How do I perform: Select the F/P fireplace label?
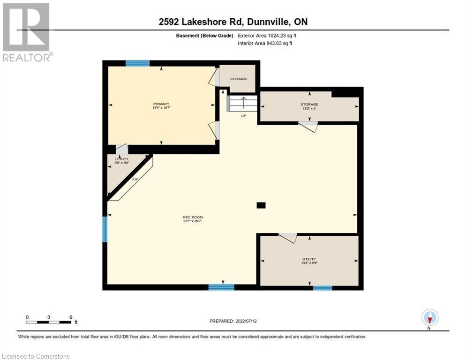coord(135,180)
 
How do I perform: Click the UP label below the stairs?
coord(243,115)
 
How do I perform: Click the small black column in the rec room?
coord(261,205)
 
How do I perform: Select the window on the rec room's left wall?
coord(105,229)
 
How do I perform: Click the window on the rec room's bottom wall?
coord(221,287)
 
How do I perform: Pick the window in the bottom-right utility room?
coord(323,288)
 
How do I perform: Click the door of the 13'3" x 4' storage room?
coord(308,126)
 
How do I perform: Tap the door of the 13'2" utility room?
coord(288,238)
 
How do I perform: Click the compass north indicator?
coord(430,318)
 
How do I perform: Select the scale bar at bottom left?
coord(49,322)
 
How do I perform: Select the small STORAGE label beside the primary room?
coord(239,79)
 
